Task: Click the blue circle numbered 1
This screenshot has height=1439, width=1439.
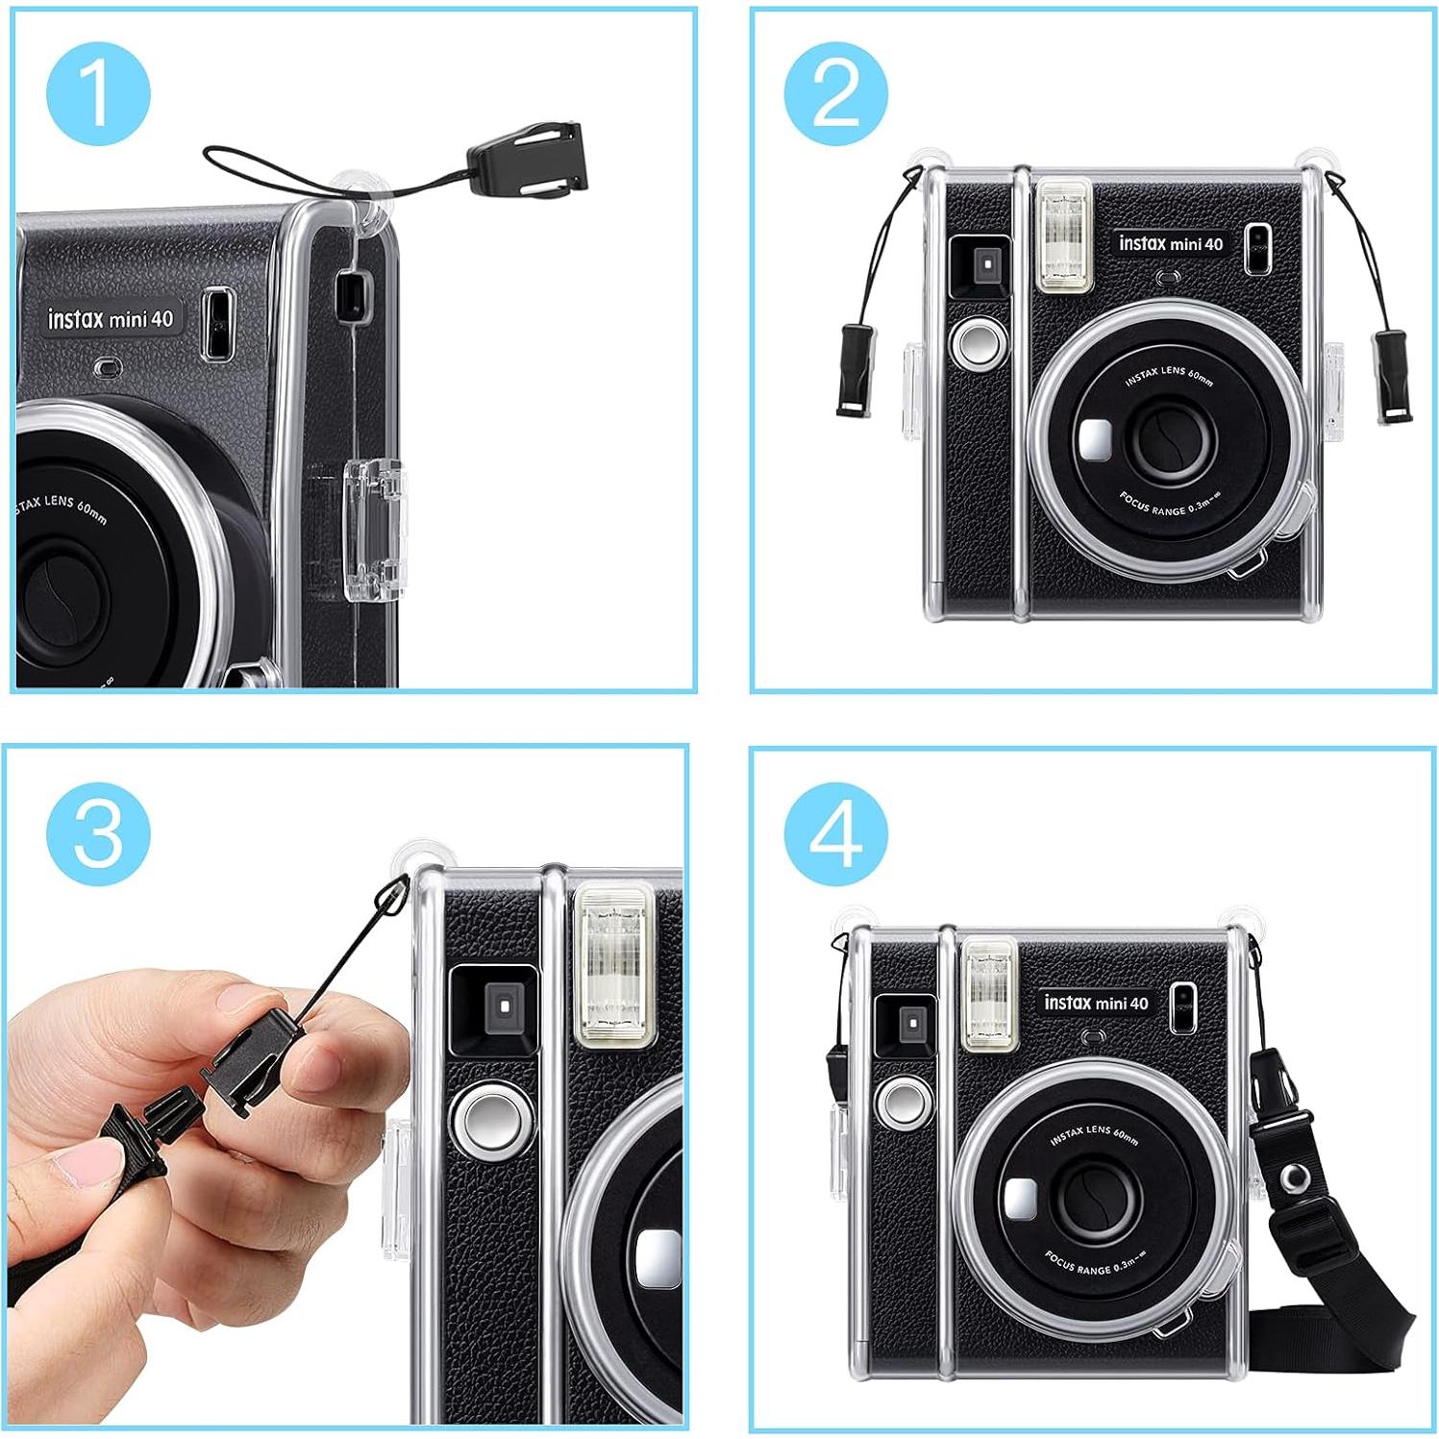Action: pyautogui.click(x=98, y=93)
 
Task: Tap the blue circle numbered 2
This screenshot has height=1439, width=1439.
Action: pyautogui.click(x=835, y=93)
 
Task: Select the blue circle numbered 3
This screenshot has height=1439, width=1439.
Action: pyautogui.click(x=98, y=831)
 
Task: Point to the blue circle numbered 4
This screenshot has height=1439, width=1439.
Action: pyautogui.click(x=835, y=833)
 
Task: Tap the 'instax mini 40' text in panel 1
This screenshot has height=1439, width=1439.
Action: pyautogui.click(x=111, y=318)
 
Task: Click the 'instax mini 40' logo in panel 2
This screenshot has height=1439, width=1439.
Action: pyautogui.click(x=1170, y=244)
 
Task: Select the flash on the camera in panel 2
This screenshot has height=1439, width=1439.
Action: pyautogui.click(x=1063, y=236)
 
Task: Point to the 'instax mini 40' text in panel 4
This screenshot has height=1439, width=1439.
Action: pyautogui.click(x=1096, y=1003)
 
